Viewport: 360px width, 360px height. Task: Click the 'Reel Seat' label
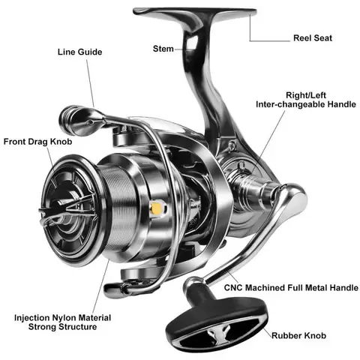tap(313, 38)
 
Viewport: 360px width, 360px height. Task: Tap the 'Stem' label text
tap(163, 49)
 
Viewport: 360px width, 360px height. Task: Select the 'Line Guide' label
tap(80, 52)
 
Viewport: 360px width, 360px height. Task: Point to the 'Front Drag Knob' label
tap(37, 142)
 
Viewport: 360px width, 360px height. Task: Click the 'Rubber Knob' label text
tap(298, 335)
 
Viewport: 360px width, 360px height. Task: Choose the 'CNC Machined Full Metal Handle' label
tap(291, 287)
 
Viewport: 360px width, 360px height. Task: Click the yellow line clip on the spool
tap(157, 208)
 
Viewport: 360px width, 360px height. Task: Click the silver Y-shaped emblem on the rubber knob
tap(215, 333)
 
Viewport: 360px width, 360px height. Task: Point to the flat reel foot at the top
tap(195, 12)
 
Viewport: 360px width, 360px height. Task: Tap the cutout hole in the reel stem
tap(192, 42)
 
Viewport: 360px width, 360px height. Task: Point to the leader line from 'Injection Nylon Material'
tap(101, 286)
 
